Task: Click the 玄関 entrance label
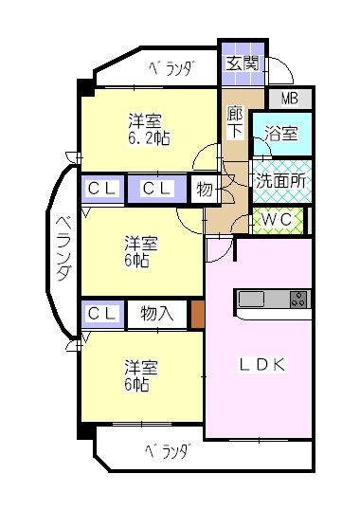click(x=243, y=64)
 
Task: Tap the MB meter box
click(x=290, y=99)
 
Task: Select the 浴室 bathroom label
click(x=281, y=134)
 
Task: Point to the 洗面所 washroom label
click(x=280, y=180)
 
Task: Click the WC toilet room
click(x=278, y=221)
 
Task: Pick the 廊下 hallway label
click(x=235, y=122)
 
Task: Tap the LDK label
click(x=262, y=365)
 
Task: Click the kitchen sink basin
click(x=251, y=299)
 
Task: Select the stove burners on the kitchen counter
click(x=298, y=299)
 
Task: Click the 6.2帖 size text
click(x=149, y=138)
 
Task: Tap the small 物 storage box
click(x=205, y=189)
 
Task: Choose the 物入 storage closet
click(x=157, y=314)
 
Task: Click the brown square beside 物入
click(x=198, y=314)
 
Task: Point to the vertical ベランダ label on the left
click(x=63, y=248)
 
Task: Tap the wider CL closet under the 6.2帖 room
click(x=157, y=189)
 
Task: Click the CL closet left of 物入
click(x=102, y=314)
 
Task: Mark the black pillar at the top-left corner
click(x=86, y=88)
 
